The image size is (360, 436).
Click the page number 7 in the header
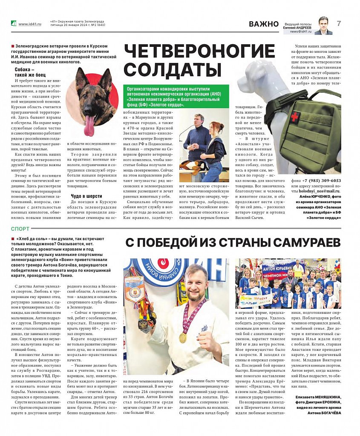coord(339,23)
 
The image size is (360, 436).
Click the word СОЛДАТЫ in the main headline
coord(172,69)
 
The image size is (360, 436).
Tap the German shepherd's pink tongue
coord(89,125)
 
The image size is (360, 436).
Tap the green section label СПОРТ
coord(20,229)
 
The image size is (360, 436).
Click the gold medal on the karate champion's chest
coord(182,337)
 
